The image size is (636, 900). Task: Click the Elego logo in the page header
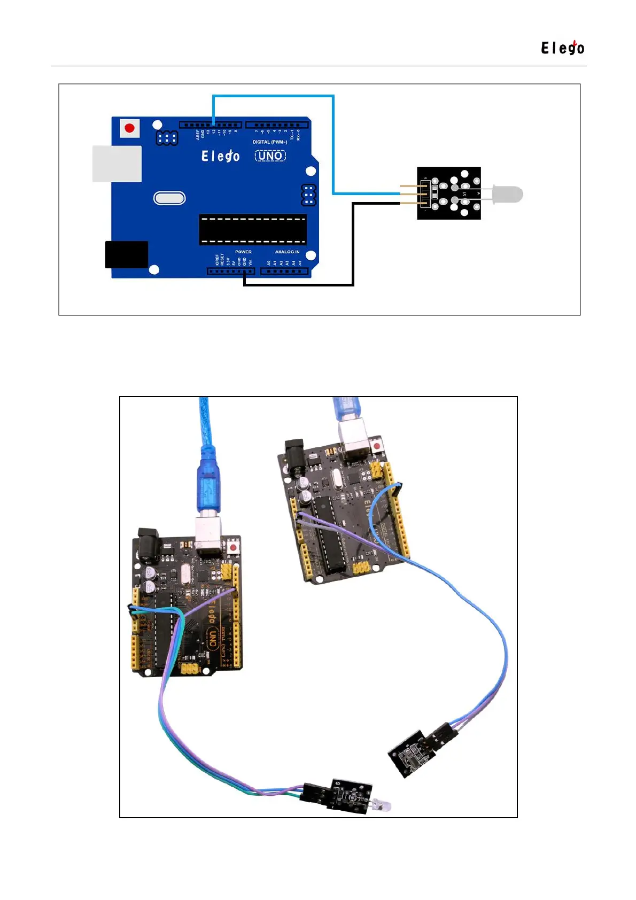click(562, 48)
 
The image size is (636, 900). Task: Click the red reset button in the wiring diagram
click(129, 128)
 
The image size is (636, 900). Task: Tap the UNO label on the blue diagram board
click(270, 156)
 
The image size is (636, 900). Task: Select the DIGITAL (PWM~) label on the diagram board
click(270, 142)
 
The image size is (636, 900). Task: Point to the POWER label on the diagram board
click(243, 252)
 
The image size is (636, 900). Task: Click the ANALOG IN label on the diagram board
click(287, 252)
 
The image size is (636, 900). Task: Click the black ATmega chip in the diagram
click(253, 229)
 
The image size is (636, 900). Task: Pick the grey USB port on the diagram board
click(117, 164)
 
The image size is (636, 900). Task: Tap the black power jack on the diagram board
click(127, 254)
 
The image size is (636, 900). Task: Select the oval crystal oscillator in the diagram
click(169, 198)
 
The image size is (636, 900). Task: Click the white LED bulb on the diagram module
click(508, 194)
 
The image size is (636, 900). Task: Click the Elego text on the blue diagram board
click(220, 156)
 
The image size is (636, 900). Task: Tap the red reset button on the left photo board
click(234, 548)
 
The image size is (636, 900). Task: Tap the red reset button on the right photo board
click(377, 445)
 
